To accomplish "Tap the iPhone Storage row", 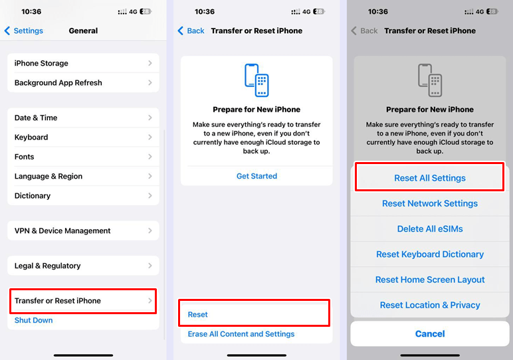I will (83, 63).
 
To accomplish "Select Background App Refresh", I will (83, 83).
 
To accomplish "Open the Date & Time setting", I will (83, 118).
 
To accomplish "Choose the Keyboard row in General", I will (83, 137).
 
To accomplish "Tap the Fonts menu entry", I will (83, 157).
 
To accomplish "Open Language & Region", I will (83, 177).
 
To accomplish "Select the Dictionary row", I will (83, 196).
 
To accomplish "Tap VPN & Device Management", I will (83, 231).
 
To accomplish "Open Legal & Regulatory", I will (83, 266).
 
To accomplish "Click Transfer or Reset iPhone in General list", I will (83, 301).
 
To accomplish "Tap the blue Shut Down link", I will (34, 320).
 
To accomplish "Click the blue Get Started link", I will (256, 176).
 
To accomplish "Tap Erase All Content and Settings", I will (241, 334).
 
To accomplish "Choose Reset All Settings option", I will (429, 178).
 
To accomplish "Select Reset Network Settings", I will (429, 203).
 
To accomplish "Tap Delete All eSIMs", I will (429, 228).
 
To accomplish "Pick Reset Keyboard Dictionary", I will (429, 254).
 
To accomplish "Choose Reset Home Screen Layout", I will (429, 280).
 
